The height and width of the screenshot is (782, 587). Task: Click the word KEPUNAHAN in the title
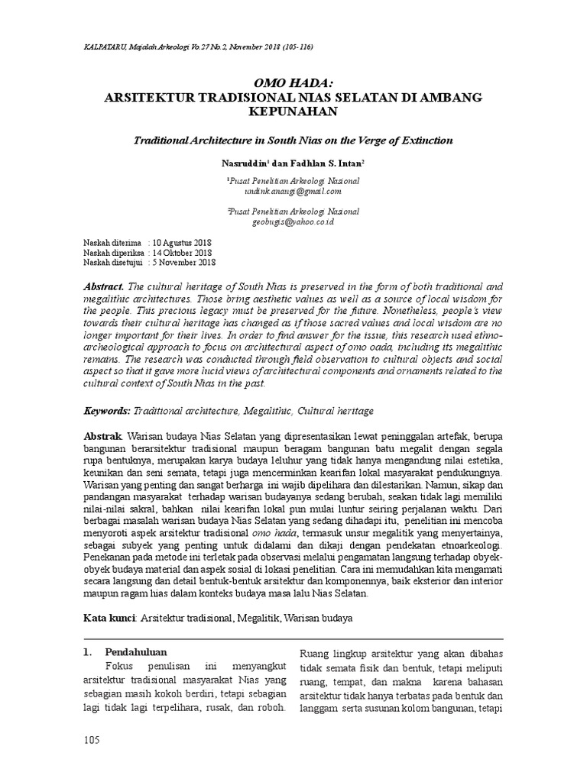tap(293, 112)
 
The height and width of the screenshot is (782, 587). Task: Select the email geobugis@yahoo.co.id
tap(293, 221)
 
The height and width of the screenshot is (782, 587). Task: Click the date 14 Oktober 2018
tap(183, 252)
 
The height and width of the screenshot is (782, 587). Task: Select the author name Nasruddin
tap(242, 163)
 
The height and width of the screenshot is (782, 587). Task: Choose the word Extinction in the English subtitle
tap(424, 141)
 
